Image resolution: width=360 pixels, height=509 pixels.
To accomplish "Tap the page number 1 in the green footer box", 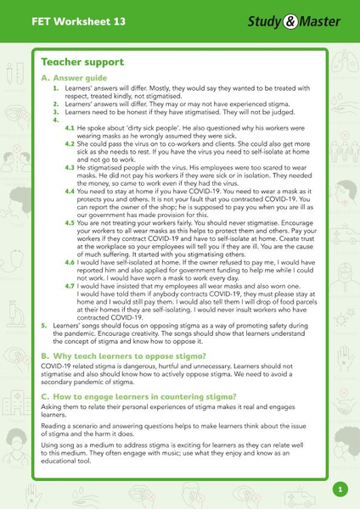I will (340, 489).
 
